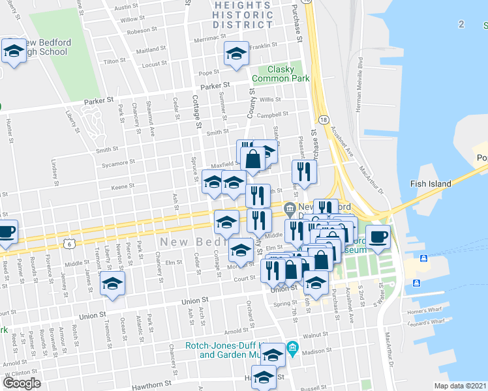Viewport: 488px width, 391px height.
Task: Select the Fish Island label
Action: point(431,184)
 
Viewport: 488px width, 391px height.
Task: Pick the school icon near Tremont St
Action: point(113,283)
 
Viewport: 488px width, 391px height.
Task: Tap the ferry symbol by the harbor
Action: point(423,259)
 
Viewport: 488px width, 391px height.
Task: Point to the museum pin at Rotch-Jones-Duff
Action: point(292,349)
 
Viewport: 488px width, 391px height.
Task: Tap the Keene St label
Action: point(123,187)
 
